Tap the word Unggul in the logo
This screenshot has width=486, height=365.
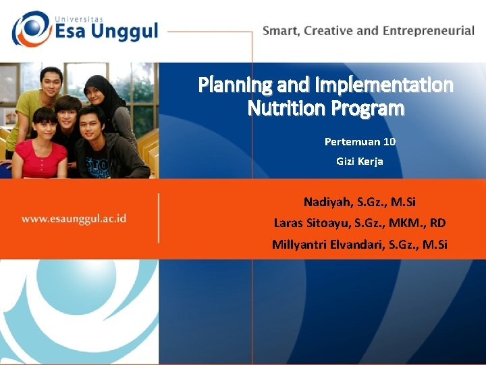coord(125,32)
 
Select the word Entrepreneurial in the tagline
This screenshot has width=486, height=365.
coord(428,31)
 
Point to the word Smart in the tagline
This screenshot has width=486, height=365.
coord(281,31)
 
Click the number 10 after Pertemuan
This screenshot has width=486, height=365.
coord(389,142)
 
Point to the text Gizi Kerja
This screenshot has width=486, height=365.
coord(359,162)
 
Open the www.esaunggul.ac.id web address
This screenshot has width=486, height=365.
coord(74,218)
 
